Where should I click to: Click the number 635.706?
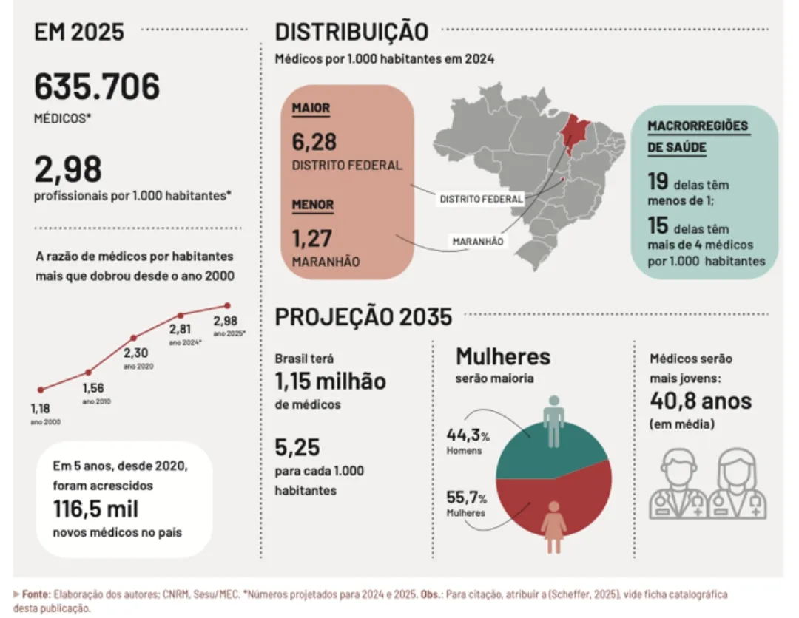pyautogui.click(x=97, y=87)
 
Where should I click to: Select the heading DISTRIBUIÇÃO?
pyautogui.click(x=351, y=32)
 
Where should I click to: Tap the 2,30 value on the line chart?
pyautogui.click(x=135, y=353)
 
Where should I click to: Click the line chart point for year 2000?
pyautogui.click(x=41, y=390)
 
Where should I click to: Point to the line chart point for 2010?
pyautogui.click(x=89, y=372)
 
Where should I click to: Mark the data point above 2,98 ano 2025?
pyautogui.click(x=227, y=305)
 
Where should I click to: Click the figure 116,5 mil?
pyautogui.click(x=95, y=509)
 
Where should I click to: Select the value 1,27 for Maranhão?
pyautogui.click(x=312, y=238)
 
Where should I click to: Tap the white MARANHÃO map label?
pyautogui.click(x=478, y=241)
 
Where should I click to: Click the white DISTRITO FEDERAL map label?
pyautogui.click(x=481, y=199)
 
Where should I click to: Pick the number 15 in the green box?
pyautogui.click(x=658, y=225)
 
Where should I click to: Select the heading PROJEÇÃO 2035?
pyautogui.click(x=363, y=316)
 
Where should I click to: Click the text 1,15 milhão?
pyautogui.click(x=330, y=382)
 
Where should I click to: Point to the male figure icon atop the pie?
pyautogui.click(x=553, y=421)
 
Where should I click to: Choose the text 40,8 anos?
pyautogui.click(x=701, y=401)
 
